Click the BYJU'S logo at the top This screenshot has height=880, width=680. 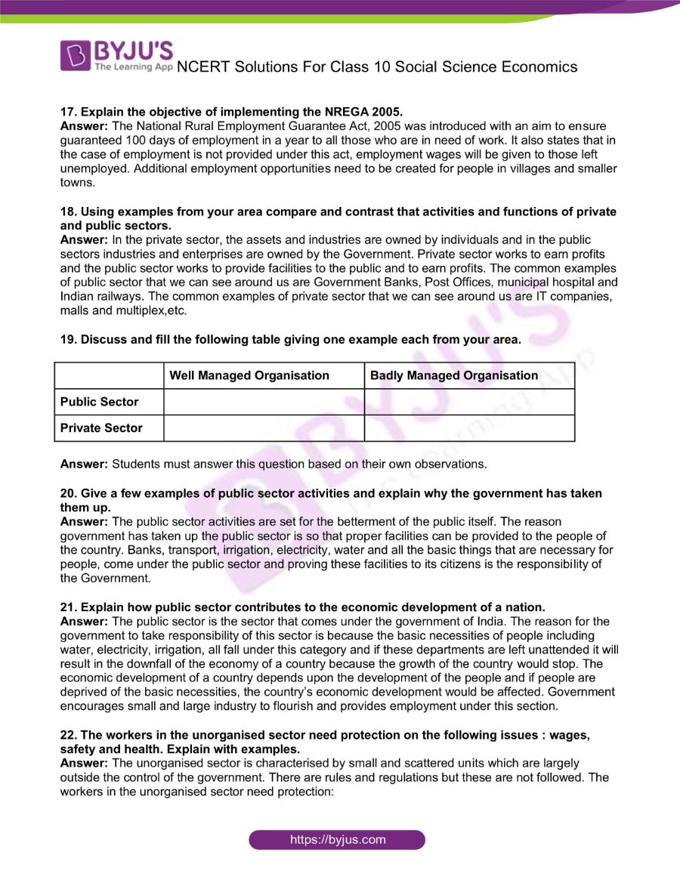(116, 55)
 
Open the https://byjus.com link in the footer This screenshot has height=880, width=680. (338, 839)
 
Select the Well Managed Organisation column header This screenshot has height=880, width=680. (249, 375)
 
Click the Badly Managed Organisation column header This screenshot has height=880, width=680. (453, 375)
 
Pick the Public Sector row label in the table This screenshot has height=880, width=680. (100, 402)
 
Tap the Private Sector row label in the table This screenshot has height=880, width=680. (101, 428)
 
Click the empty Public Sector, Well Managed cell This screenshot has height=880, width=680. (263, 402)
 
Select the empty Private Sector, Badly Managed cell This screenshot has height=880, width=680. (468, 428)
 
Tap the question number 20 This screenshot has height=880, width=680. (68, 493)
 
